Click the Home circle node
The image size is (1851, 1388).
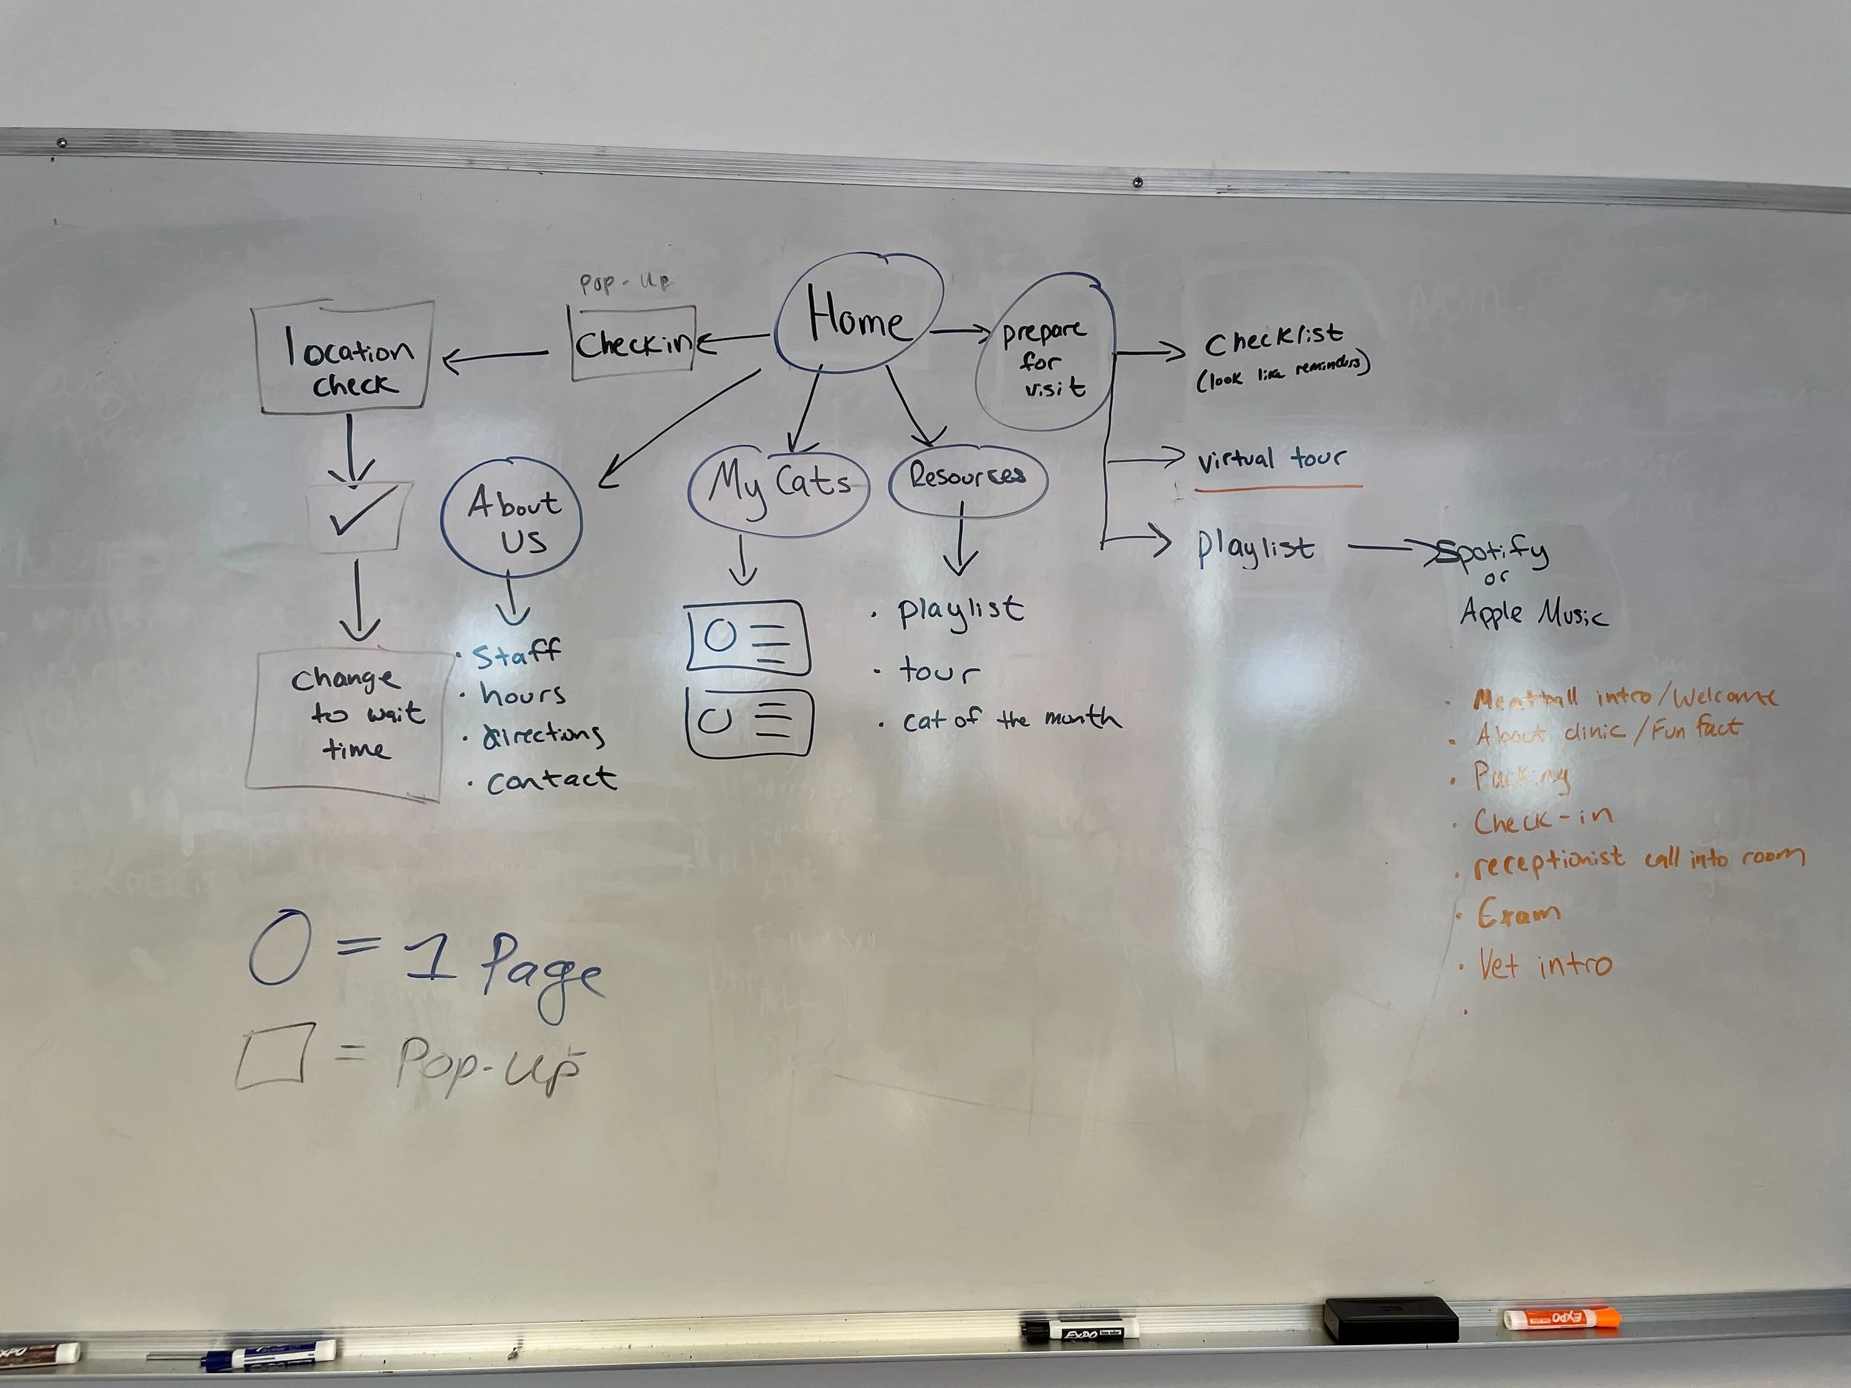[x=857, y=315]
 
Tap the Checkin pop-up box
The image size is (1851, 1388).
[x=634, y=343]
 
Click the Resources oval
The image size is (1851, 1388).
[x=966, y=477]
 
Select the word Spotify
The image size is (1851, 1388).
[x=1493, y=553]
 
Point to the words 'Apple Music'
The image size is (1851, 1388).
[x=1533, y=613]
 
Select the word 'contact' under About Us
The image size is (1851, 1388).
[x=551, y=780]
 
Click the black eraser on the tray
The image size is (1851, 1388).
[x=1390, y=1319]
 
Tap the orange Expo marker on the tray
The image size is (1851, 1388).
[x=1562, y=1318]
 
